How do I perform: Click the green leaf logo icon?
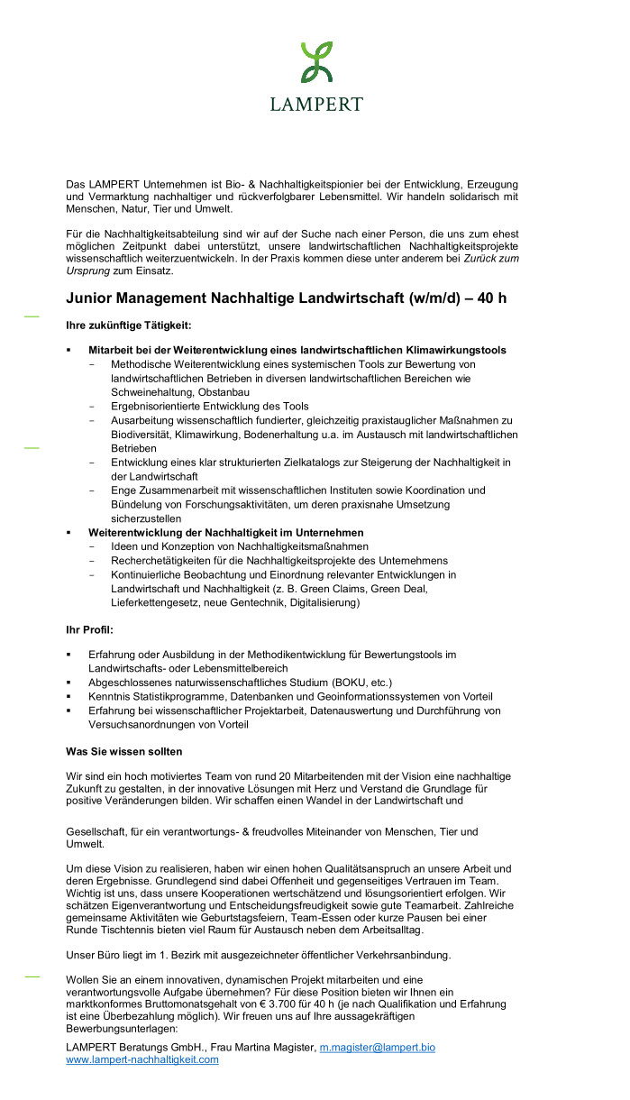[x=315, y=61]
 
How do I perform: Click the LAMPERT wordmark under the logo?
[x=315, y=104]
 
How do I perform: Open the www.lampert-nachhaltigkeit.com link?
[x=142, y=1059]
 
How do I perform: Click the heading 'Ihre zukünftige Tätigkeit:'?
[x=129, y=325]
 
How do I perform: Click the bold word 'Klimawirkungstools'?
[x=453, y=350]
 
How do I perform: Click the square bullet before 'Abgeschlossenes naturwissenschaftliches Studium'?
[x=69, y=683]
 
